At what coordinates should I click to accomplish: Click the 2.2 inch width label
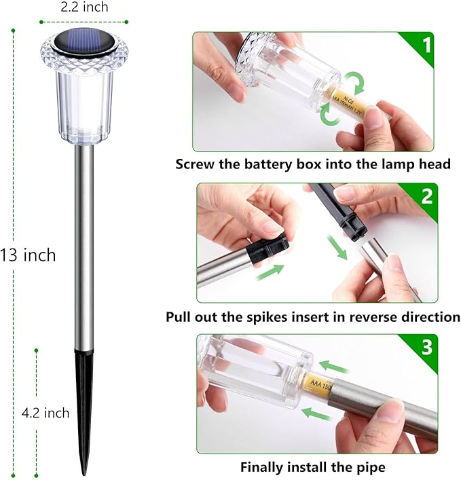point(84,7)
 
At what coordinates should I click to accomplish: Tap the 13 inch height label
point(28,256)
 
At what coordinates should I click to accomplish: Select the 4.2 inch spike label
point(46,412)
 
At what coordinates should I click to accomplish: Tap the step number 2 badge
point(426,196)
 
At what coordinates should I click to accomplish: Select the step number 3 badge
point(426,348)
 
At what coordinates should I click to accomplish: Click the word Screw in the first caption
point(196,164)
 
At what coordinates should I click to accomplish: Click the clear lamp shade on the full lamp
point(84,102)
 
